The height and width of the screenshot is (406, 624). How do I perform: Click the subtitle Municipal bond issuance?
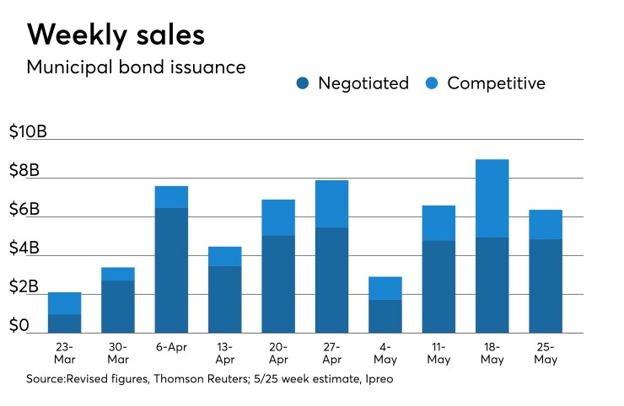[136, 67]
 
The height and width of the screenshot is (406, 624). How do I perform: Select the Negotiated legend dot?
[304, 83]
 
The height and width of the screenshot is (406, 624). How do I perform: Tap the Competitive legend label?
[496, 83]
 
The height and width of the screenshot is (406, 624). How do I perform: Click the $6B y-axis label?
[24, 210]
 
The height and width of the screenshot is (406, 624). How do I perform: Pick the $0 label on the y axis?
[19, 326]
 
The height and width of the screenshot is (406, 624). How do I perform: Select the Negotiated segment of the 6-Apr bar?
[171, 270]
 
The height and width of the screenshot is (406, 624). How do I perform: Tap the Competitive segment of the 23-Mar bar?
[65, 303]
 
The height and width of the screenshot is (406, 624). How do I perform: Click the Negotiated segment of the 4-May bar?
[385, 316]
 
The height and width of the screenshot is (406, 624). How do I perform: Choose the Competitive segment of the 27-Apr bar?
[331, 204]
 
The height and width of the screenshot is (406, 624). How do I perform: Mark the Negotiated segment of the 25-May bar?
[545, 286]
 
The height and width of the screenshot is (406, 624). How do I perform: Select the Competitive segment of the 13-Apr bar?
[225, 256]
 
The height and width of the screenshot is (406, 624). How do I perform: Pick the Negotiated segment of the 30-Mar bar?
[118, 307]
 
